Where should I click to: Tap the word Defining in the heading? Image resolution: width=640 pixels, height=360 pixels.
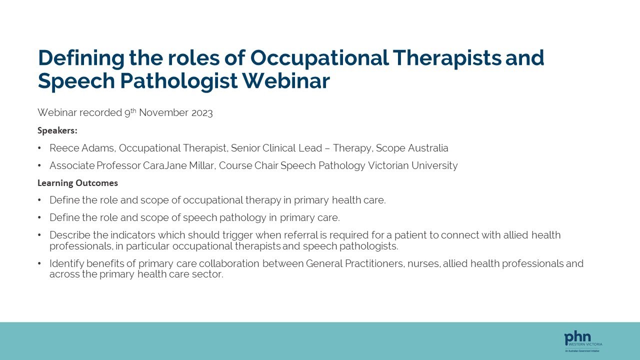click(x=80, y=58)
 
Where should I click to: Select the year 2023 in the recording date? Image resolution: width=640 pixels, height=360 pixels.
click(x=202, y=113)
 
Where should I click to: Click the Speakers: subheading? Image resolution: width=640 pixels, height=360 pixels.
click(x=57, y=130)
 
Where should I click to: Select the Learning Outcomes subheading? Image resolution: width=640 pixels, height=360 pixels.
click(x=77, y=183)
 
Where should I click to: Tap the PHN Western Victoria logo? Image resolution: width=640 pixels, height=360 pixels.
click(x=583, y=341)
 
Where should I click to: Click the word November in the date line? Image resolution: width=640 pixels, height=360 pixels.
click(x=163, y=113)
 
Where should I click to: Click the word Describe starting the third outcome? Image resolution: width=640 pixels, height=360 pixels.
click(x=69, y=235)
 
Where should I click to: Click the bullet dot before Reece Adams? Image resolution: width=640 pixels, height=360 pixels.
click(x=39, y=148)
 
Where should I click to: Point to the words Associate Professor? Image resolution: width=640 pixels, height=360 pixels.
click(x=94, y=165)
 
